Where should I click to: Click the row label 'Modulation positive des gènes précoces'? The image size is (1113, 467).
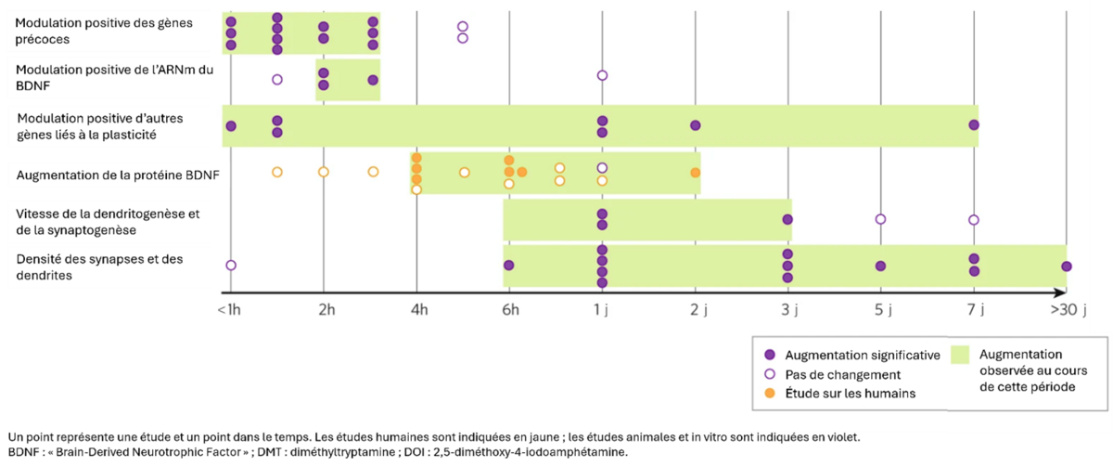click(104, 31)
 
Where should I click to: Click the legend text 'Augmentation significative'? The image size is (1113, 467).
click(863, 355)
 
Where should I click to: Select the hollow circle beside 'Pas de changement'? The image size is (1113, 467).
click(769, 374)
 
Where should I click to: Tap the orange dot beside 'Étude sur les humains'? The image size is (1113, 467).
click(769, 393)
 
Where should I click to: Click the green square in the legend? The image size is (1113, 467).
click(961, 354)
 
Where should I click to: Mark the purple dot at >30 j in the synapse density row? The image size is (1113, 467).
click(1067, 266)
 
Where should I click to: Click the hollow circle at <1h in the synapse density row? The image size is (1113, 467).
click(231, 266)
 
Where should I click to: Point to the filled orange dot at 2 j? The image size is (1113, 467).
click(696, 173)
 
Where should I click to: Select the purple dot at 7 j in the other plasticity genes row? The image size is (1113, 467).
click(974, 125)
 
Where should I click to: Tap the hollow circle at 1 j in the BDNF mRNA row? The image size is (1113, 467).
click(602, 75)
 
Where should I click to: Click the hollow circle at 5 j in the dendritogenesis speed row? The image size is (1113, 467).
click(880, 219)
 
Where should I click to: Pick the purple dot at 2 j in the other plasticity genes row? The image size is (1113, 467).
click(696, 125)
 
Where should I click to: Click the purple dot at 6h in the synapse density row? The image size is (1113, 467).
click(509, 266)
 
